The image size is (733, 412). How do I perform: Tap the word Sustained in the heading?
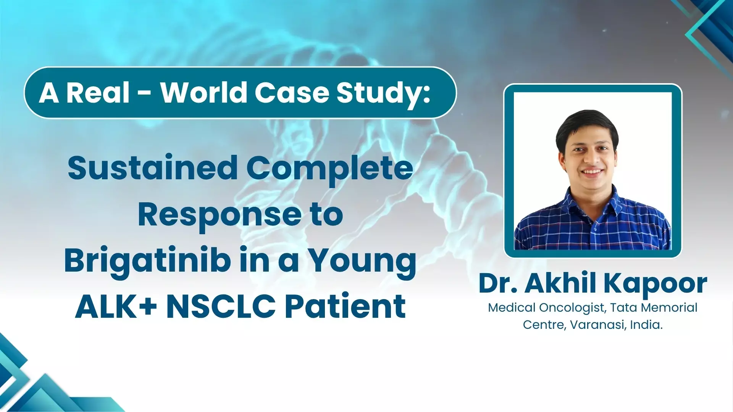pyautogui.click(x=153, y=168)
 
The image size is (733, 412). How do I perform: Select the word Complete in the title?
pyautogui.click(x=330, y=168)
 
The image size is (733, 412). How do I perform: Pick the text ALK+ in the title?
pyautogui.click(x=116, y=307)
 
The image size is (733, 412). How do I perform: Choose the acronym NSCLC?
pyautogui.click(x=221, y=307)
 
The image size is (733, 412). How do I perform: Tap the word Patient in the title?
pyautogui.click(x=346, y=307)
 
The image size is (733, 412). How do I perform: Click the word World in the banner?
pyautogui.click(x=203, y=93)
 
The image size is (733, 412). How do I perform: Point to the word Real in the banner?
pyautogui.click(x=98, y=93)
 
